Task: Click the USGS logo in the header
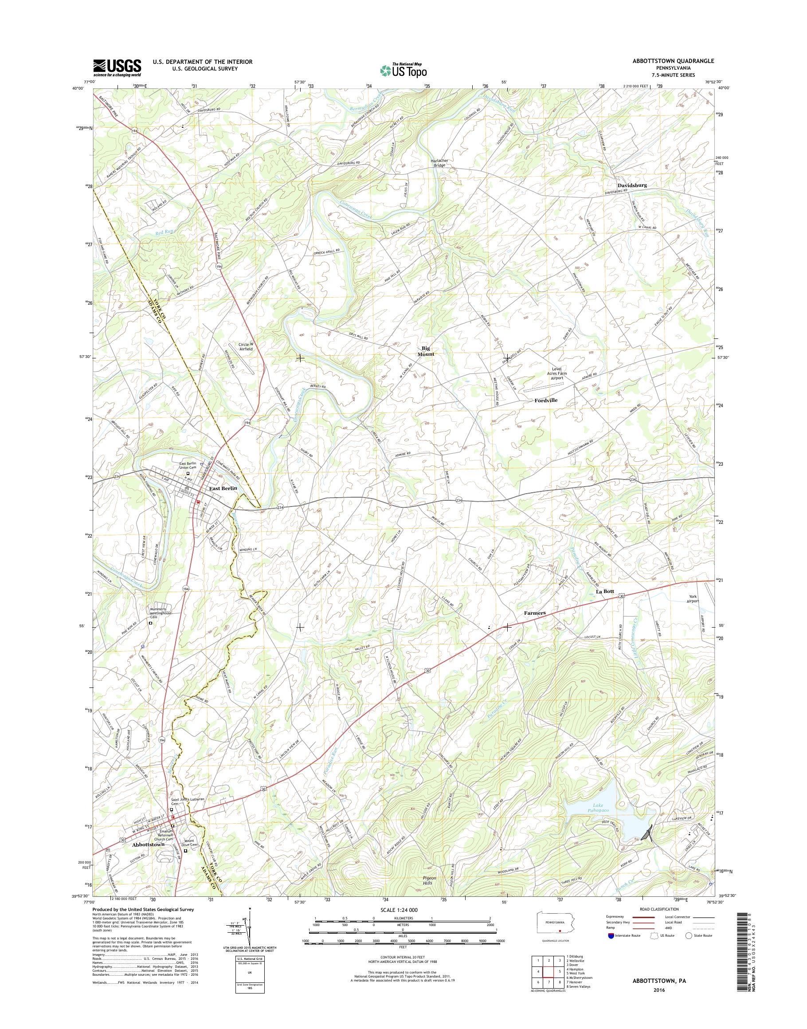[x=117, y=67]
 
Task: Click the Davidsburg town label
[x=632, y=185]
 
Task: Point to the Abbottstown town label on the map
[x=148, y=844]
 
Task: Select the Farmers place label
[x=534, y=613]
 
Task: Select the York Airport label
[x=693, y=598]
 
